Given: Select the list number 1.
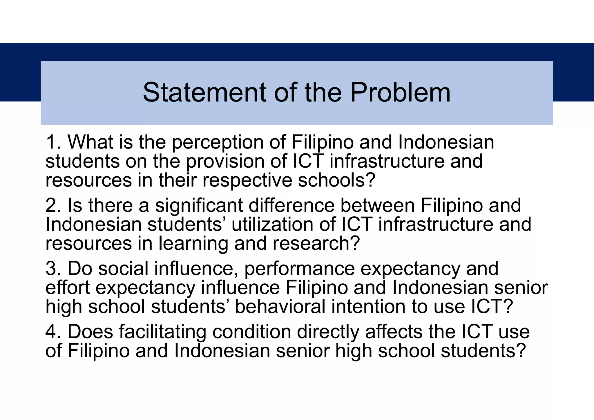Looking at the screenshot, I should coord(51,142).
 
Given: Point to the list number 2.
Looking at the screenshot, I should coord(51,205).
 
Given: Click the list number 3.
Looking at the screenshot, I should coord(51,268).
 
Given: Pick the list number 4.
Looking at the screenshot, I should coord(51,332).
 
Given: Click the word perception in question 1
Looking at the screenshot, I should coord(218,143).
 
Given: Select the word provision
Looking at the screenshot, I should coord(225,162).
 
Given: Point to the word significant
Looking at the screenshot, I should coord(199,205).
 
